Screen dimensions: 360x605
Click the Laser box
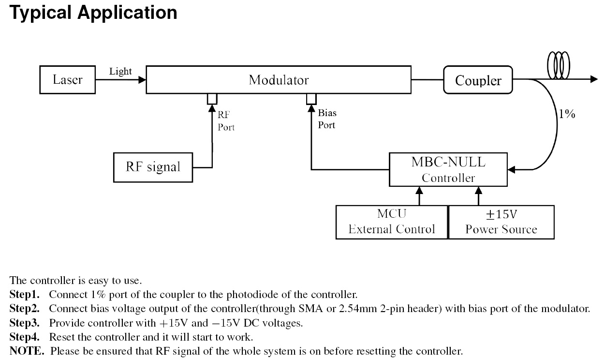point(68,79)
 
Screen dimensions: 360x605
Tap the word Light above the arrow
point(120,71)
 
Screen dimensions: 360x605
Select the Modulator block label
point(279,79)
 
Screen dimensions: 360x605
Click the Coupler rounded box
point(478,80)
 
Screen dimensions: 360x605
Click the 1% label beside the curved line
point(567,115)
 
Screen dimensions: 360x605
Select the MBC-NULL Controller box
point(448,170)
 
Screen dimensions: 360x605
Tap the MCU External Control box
point(392,222)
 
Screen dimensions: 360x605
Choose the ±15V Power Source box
point(501,222)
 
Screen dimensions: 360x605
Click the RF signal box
point(153,167)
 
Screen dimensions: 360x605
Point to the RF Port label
point(226,121)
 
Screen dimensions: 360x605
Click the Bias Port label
point(327,119)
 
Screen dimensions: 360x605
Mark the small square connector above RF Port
point(212,98)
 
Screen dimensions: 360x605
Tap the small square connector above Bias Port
point(311,98)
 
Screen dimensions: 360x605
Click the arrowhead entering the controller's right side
point(512,170)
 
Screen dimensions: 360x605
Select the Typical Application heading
point(93,13)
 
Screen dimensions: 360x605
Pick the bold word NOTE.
point(27,351)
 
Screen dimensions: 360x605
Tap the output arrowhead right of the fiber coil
point(594,80)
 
